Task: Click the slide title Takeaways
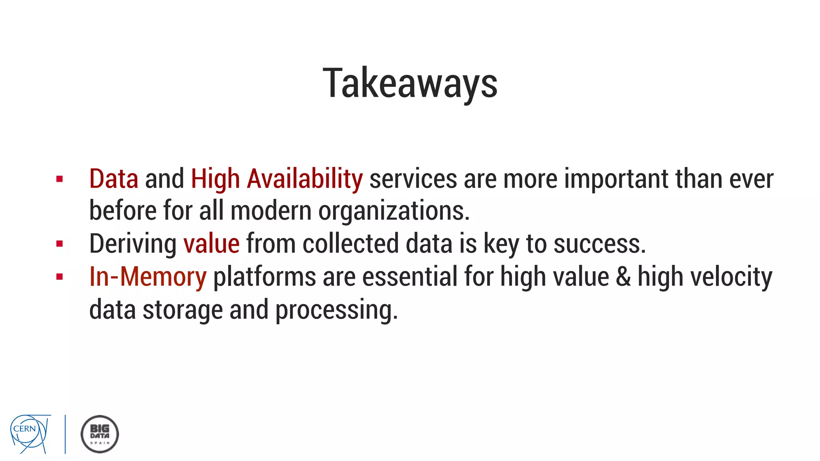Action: [410, 83]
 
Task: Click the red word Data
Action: [114, 179]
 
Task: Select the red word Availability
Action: [305, 179]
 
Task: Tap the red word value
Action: [211, 244]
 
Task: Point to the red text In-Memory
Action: [148, 277]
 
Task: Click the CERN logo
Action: [30, 434]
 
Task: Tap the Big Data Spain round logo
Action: [100, 434]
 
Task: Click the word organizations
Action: [393, 211]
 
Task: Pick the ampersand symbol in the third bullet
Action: [623, 277]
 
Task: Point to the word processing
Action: [336, 310]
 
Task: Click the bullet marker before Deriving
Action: [60, 244]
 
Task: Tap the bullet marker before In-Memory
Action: [60, 277]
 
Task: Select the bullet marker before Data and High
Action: [60, 179]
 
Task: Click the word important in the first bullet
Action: [616, 179]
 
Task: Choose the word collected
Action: [350, 244]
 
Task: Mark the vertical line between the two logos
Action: [65, 434]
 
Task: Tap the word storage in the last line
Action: [183, 310]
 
